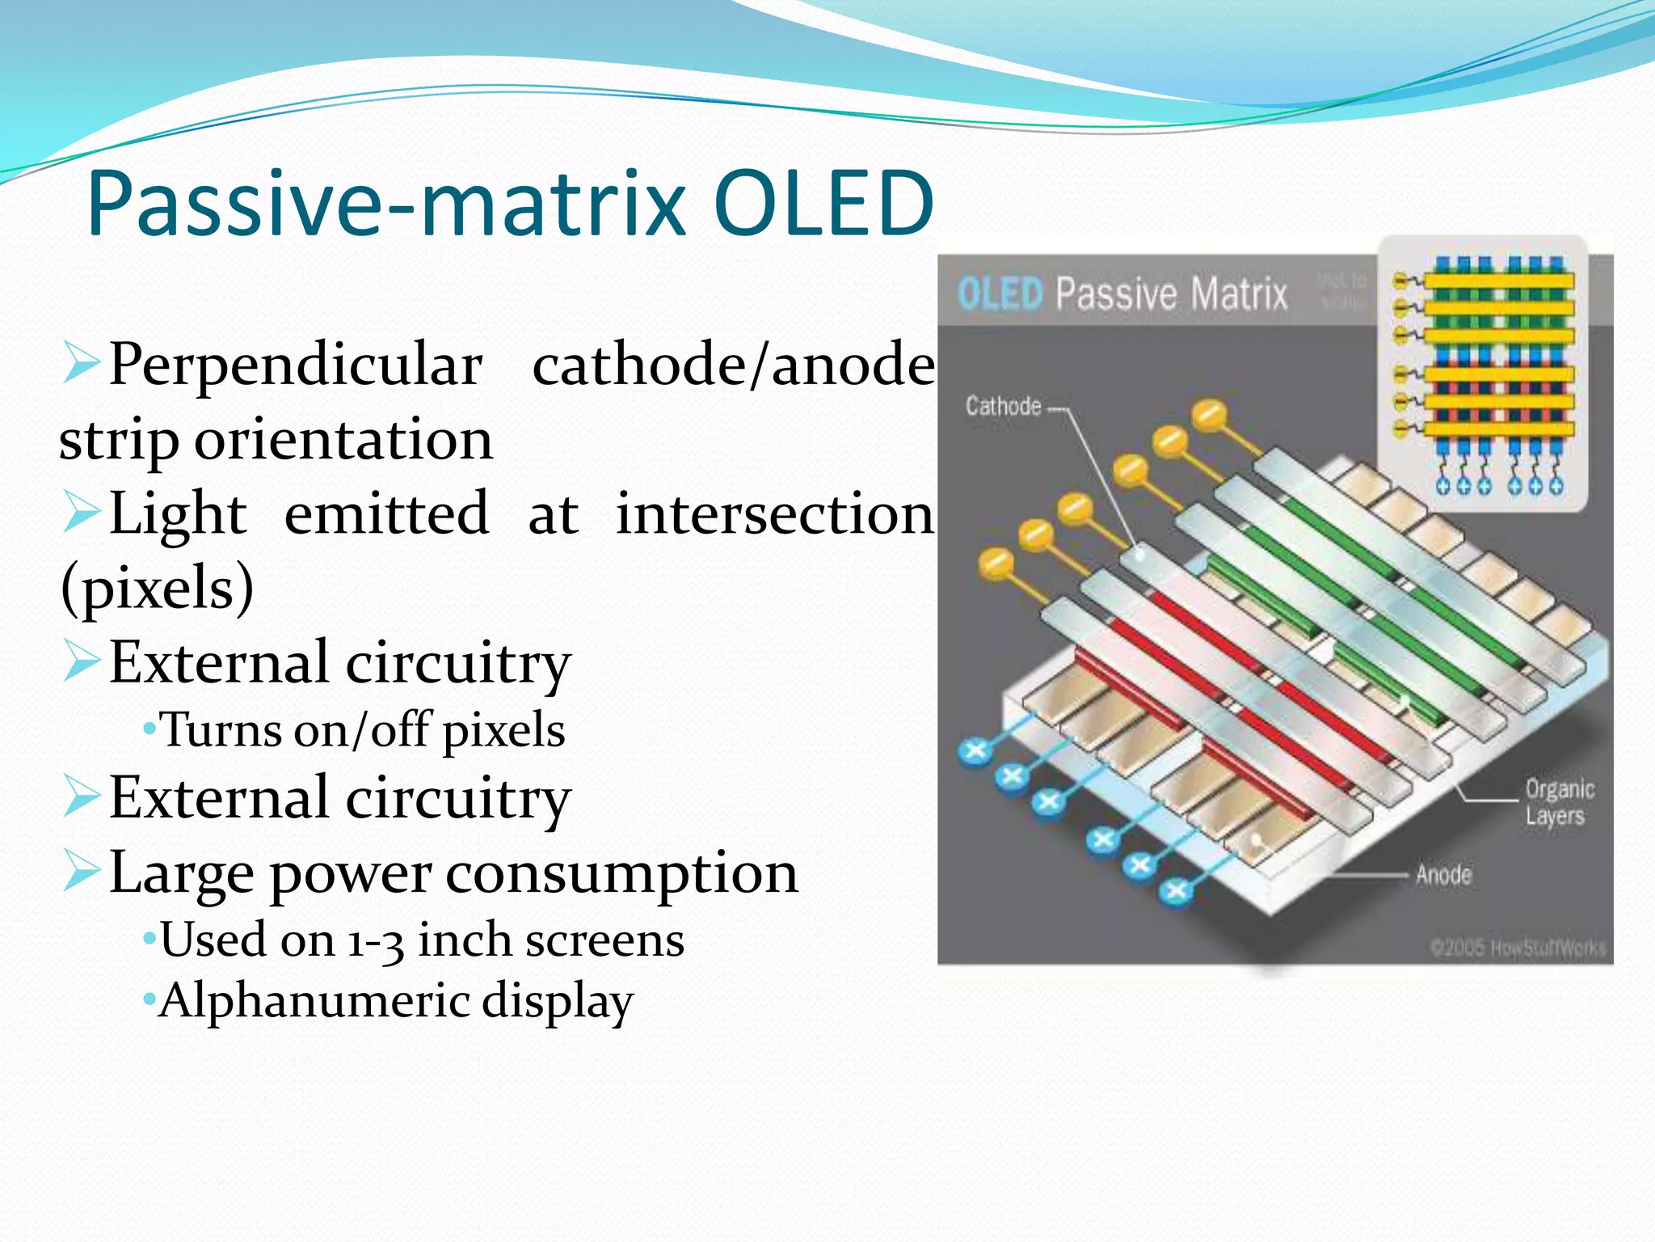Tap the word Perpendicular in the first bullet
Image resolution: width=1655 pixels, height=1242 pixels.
click(296, 365)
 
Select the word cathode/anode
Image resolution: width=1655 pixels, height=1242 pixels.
click(733, 365)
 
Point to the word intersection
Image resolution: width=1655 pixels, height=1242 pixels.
click(774, 513)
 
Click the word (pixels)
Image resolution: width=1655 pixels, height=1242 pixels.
click(157, 588)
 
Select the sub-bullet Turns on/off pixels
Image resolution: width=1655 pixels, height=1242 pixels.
click(362, 729)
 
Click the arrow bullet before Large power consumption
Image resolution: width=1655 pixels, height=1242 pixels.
click(81, 871)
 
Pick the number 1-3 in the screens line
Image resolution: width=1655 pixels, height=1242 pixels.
click(376, 941)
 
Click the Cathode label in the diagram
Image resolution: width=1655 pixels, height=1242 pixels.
click(1003, 406)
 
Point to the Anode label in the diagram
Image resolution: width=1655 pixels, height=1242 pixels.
click(1443, 874)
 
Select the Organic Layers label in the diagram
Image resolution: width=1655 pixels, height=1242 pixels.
click(1558, 802)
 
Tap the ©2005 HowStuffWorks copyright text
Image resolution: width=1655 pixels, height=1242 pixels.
click(1517, 947)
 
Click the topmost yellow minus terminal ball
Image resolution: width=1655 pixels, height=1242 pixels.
click(1209, 414)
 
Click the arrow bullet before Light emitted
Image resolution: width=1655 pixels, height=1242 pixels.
click(81, 513)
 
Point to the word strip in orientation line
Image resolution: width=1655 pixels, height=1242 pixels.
click(118, 441)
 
